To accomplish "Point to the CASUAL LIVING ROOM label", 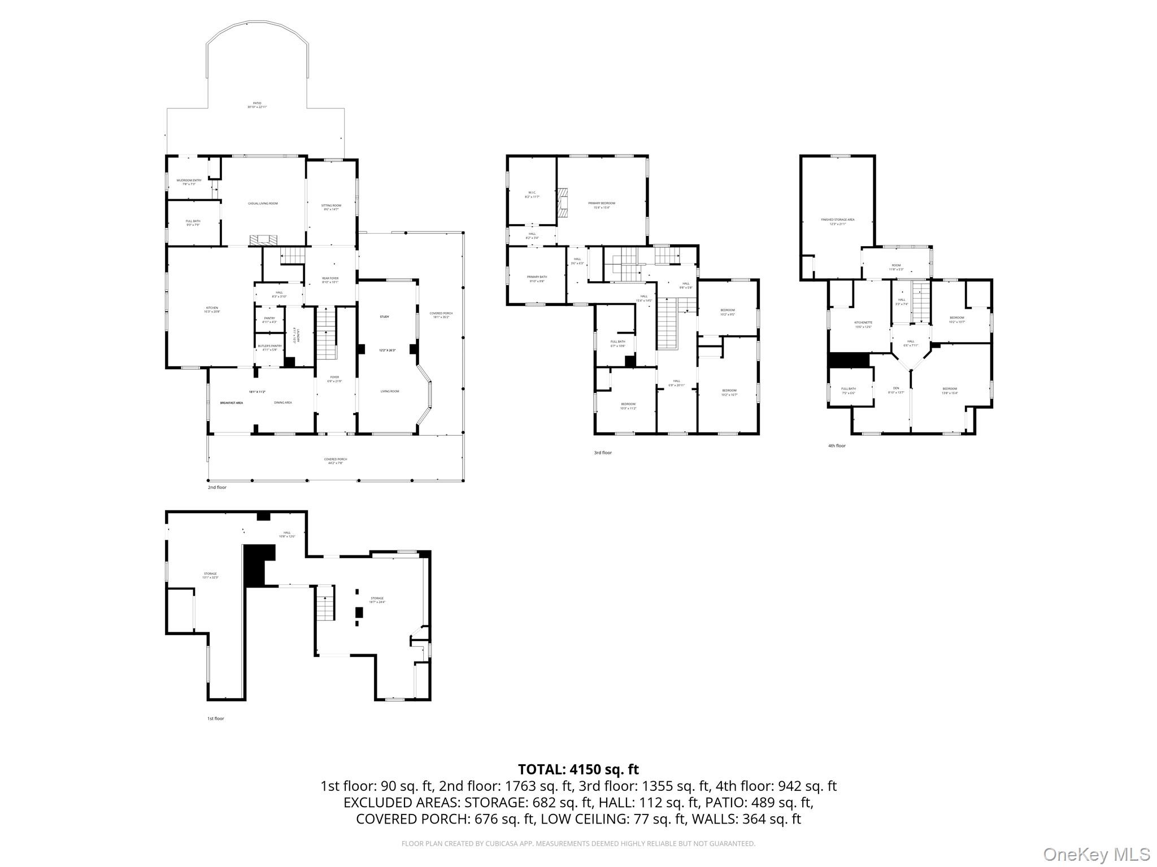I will click(263, 203).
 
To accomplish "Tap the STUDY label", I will click(384, 317).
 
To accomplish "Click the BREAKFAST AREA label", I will click(232, 403).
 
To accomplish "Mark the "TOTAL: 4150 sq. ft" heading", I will click(578, 769).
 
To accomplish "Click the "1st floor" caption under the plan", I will click(215, 719).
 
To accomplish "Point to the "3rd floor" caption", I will click(602, 453).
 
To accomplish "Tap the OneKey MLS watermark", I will click(1096, 855).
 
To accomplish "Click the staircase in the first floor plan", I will click(325, 608).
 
